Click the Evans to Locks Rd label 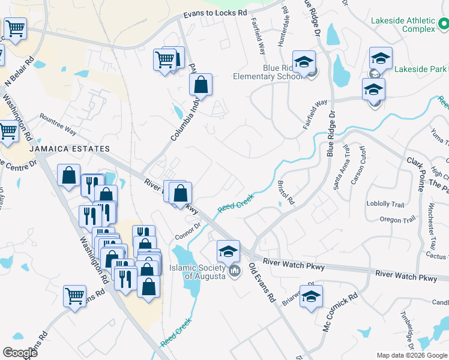[x=215, y=13]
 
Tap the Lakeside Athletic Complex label [x=402, y=25]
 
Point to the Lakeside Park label [x=421, y=70]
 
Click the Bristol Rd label [x=286, y=191]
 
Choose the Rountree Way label [x=58, y=123]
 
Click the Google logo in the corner [x=20, y=352]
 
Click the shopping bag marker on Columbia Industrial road [x=200, y=86]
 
